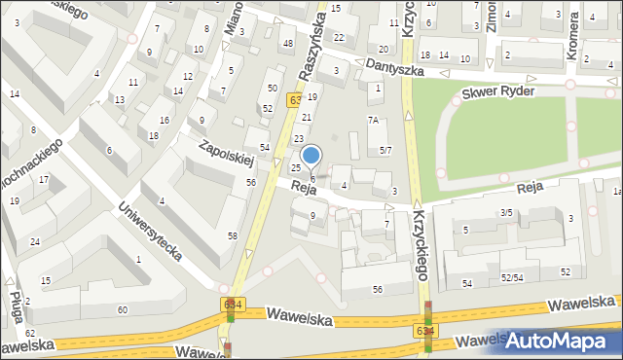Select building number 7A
tap(373, 120)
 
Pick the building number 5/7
tap(385, 150)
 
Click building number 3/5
tap(506, 212)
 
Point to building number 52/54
tap(513, 277)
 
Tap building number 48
tap(287, 44)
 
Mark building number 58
tap(233, 236)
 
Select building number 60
tap(122, 309)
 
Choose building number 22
tap(339, 37)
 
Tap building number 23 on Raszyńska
tap(299, 139)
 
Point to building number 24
tap(35, 241)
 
